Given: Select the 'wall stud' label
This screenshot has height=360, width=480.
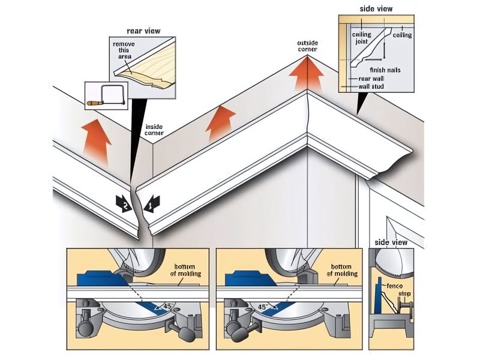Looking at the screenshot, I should [x=371, y=86].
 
